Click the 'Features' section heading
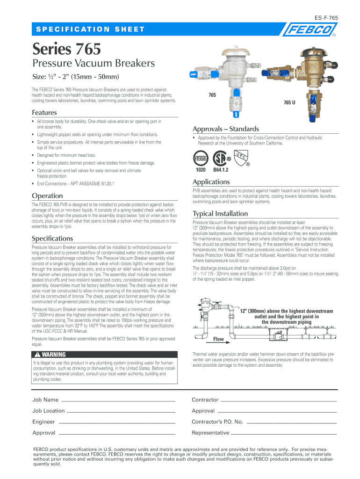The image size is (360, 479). (x=44, y=112)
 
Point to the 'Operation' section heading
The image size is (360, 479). (x=47, y=196)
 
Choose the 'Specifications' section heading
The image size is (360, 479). (x=52, y=238)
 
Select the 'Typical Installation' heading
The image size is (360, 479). (x=220, y=213)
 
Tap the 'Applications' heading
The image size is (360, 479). (x=211, y=181)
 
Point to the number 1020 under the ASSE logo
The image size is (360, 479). (x=201, y=170)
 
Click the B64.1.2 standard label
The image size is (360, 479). (x=221, y=170)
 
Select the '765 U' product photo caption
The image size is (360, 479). (x=290, y=102)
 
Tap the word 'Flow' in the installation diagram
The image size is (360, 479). (x=218, y=339)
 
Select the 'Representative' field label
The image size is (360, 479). (x=210, y=433)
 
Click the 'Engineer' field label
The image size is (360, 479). (x=43, y=422)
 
